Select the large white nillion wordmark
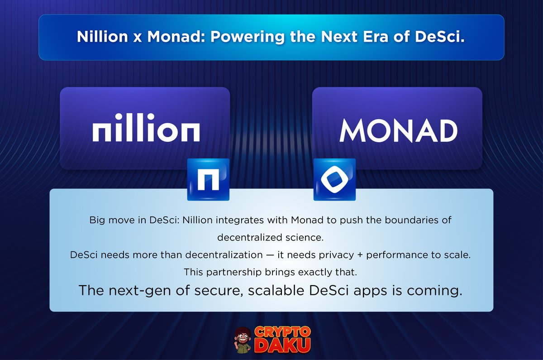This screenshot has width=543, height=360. (x=146, y=131)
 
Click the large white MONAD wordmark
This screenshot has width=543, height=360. (x=398, y=130)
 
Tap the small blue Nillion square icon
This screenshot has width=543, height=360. (x=208, y=180)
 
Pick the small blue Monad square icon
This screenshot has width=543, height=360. (x=334, y=180)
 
